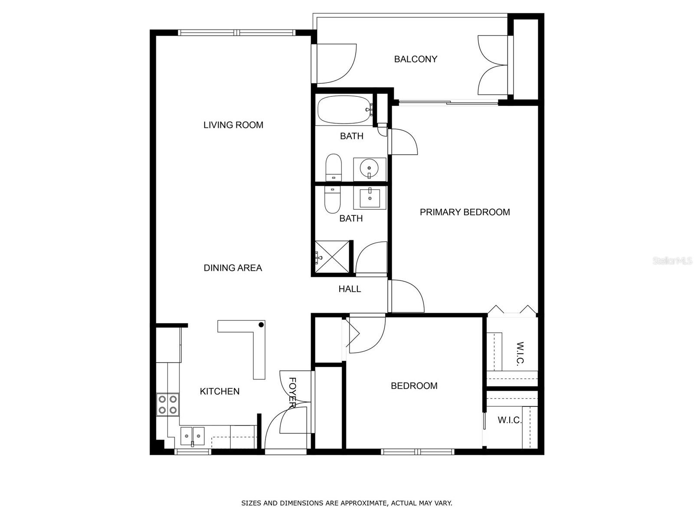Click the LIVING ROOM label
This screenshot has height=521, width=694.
tap(233, 125)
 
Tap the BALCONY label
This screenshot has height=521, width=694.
tap(416, 59)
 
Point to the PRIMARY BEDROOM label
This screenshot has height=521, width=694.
tap(465, 212)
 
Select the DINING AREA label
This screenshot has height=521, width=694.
tap(232, 268)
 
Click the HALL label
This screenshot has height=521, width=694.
tap(350, 289)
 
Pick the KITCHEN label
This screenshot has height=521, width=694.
tap(220, 391)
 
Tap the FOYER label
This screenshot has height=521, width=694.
tap(292, 392)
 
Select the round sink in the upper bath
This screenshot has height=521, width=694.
tap(369, 169)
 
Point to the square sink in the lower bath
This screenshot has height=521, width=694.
tap(370, 198)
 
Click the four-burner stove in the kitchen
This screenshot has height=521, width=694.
tap(167, 405)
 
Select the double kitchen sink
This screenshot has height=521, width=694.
tap(192, 436)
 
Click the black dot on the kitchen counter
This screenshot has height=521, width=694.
tap(261, 325)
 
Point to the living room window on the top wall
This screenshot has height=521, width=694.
tap(236, 32)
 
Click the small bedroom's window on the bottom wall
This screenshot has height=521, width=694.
tap(417, 452)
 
